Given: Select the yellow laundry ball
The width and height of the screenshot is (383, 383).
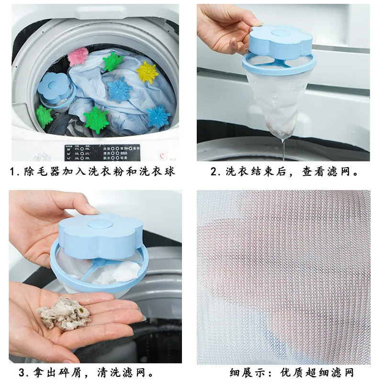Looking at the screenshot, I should coord(146,72).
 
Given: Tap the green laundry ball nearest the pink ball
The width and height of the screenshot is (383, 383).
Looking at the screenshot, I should coord(113,62).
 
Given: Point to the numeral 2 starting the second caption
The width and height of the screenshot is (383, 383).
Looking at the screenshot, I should coord(214,171).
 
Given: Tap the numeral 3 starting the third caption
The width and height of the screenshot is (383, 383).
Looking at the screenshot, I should coord(22,372).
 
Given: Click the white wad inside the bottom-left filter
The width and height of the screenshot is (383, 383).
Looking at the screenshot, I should coord(125,271).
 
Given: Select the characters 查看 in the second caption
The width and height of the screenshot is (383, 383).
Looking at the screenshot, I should coord(313,171).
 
